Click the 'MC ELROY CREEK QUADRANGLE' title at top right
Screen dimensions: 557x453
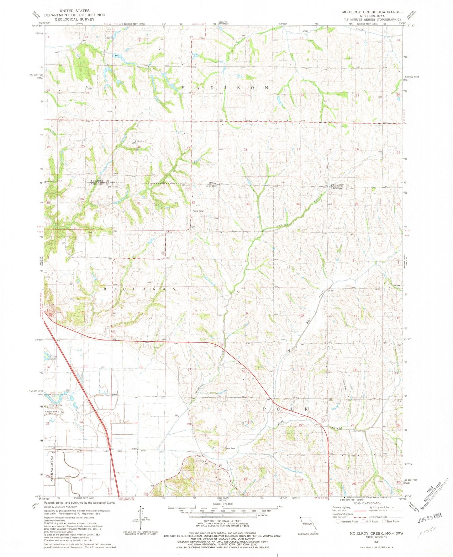372,12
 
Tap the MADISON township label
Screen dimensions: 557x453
225,88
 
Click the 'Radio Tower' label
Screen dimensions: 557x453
198,211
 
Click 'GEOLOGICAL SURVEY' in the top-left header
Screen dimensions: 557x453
74,19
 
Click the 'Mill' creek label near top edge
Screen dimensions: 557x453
305,31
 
